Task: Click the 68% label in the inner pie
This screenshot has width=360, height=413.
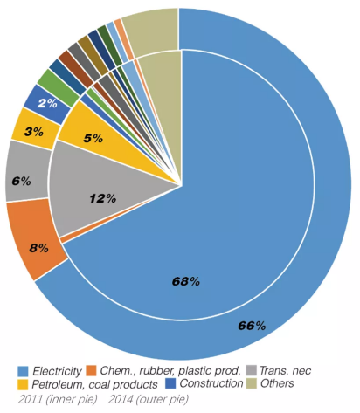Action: [186, 281]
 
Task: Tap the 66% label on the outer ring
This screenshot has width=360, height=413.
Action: [252, 326]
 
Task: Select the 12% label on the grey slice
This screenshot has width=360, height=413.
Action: [103, 198]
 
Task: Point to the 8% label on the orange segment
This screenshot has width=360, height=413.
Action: [38, 248]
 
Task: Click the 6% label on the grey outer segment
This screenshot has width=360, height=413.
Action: [22, 182]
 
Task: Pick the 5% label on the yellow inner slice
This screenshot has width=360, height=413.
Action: [93, 138]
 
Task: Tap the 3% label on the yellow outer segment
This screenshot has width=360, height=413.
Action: [34, 132]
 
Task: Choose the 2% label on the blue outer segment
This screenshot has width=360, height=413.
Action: [47, 103]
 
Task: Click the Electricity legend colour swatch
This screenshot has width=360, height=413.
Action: [24, 371]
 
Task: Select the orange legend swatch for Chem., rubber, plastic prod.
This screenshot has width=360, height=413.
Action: [91, 371]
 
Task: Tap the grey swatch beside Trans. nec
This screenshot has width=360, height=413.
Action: [252, 371]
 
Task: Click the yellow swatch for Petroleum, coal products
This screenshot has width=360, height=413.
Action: [24, 384]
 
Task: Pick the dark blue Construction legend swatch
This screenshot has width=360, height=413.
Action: [170, 383]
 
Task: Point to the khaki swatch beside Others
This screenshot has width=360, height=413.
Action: [252, 383]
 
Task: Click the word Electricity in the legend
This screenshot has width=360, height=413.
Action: [57, 371]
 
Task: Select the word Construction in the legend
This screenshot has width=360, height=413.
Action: [211, 383]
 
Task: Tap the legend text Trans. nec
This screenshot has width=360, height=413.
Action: [285, 371]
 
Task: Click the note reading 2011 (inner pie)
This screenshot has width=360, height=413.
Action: [58, 399]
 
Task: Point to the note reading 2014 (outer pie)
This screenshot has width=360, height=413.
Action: [149, 399]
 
